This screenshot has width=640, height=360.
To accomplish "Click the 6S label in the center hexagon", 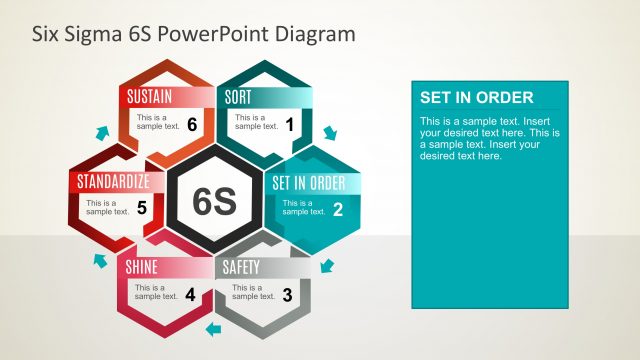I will click(213, 201).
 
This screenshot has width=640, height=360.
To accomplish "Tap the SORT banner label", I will click(238, 97).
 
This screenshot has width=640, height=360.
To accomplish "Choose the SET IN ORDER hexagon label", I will click(309, 183).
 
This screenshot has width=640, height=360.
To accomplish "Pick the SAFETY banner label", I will click(241, 268).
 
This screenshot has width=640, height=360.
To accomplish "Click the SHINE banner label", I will click(142, 268).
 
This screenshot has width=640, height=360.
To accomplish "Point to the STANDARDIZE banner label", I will click(113, 182).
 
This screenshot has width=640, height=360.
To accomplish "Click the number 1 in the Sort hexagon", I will click(290, 125).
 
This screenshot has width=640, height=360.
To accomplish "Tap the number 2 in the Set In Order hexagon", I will click(338, 210).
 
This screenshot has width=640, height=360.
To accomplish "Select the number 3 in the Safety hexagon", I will click(288, 295).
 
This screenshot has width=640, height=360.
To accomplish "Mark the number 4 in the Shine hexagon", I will click(190, 295).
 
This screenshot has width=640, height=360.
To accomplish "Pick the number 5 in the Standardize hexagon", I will click(142, 209).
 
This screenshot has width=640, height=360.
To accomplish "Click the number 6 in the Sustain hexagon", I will click(191, 125).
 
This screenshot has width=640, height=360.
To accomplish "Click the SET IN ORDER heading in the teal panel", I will click(476, 98).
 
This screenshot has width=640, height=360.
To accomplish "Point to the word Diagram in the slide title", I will click(315, 34).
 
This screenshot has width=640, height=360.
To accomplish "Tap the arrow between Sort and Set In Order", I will click(331, 133).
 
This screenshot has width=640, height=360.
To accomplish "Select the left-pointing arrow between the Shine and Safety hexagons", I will click(212, 328).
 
